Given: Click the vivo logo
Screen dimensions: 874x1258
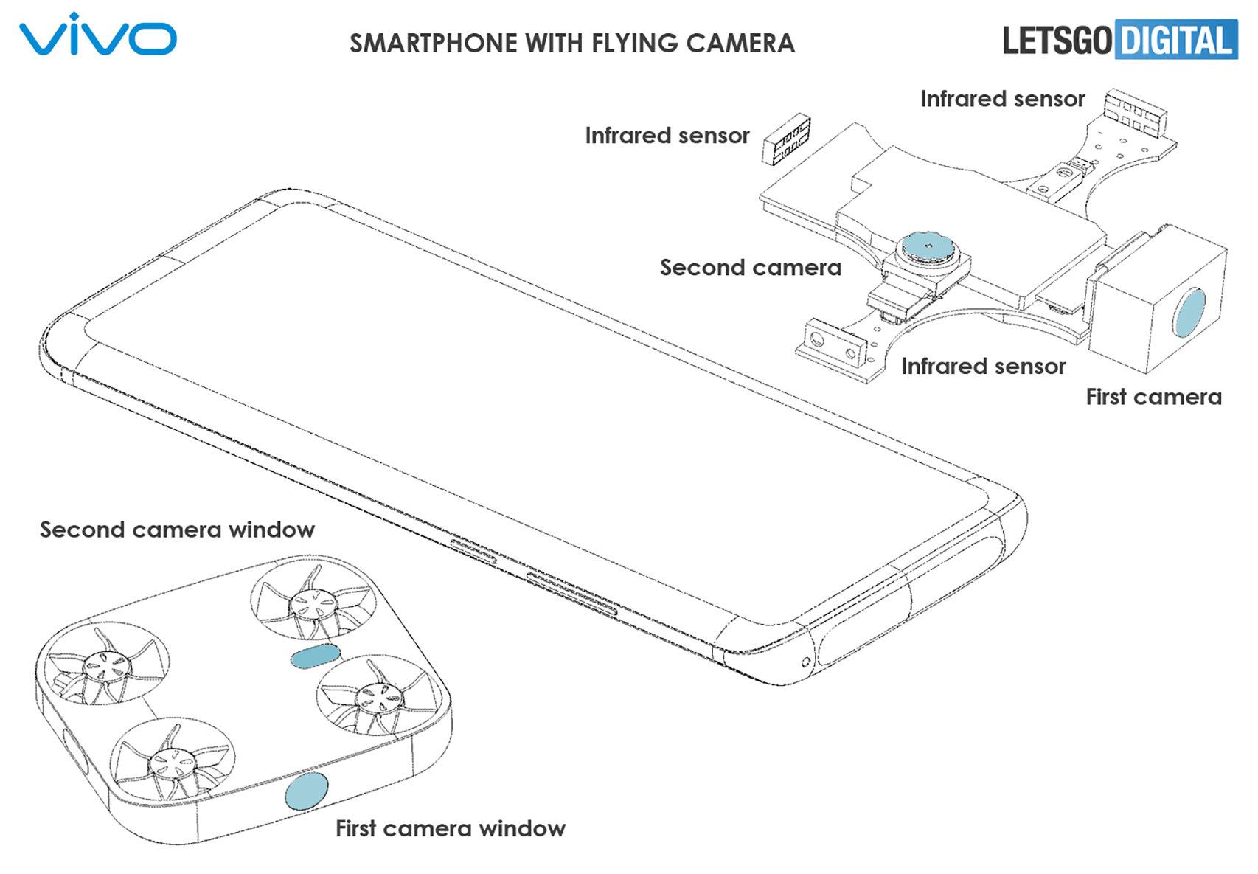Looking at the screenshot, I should [97, 35].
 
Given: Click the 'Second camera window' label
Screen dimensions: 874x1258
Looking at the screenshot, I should [177, 530].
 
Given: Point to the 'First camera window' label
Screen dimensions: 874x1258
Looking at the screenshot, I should [450, 828].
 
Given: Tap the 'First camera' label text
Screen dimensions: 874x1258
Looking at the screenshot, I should [1153, 397].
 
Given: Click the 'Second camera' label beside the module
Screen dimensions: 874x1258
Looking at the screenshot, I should [750, 267].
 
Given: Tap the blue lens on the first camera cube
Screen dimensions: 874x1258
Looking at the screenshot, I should [1189, 313].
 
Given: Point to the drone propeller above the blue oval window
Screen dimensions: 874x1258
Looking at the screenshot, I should [313, 599].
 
